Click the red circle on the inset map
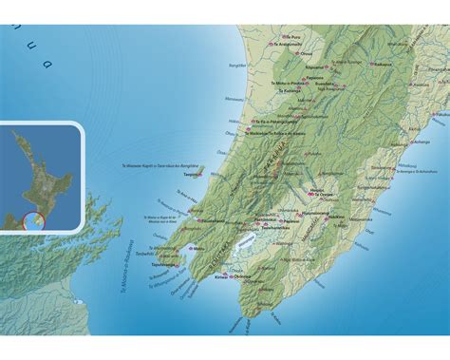(30, 223)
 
